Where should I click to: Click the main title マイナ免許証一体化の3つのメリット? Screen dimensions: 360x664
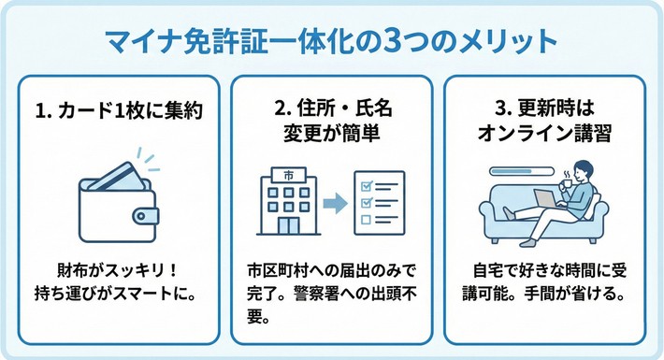[332, 43]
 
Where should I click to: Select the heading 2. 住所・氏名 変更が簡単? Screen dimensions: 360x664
[331, 121]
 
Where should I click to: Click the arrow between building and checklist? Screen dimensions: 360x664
[333, 201]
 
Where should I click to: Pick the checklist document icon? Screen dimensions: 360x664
[378, 200]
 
